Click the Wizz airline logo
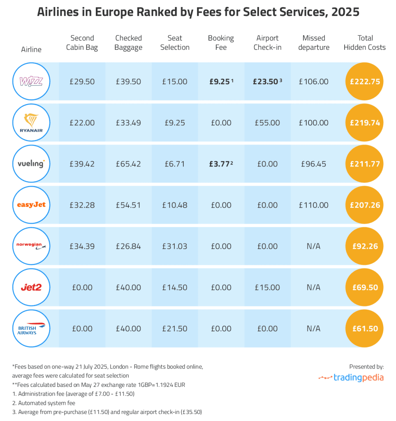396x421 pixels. coord(31,81)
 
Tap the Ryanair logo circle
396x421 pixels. coord(31,123)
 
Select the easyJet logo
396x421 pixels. coord(31,205)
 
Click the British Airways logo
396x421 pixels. coord(31,328)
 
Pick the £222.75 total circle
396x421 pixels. coord(364,81)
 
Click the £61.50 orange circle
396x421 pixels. coord(364,328)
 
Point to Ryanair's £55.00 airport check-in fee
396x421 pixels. coord(267,123)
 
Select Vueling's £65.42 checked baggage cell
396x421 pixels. coord(128,164)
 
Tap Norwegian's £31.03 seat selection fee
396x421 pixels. coord(175,246)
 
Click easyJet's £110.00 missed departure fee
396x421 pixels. coord(313,205)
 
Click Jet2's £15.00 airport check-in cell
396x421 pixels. coord(267,287)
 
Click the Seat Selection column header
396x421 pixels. coord(175,43)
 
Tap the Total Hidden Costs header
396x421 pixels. coord(365,43)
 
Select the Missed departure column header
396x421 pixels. coord(313,43)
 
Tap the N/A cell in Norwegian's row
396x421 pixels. coord(313,246)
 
